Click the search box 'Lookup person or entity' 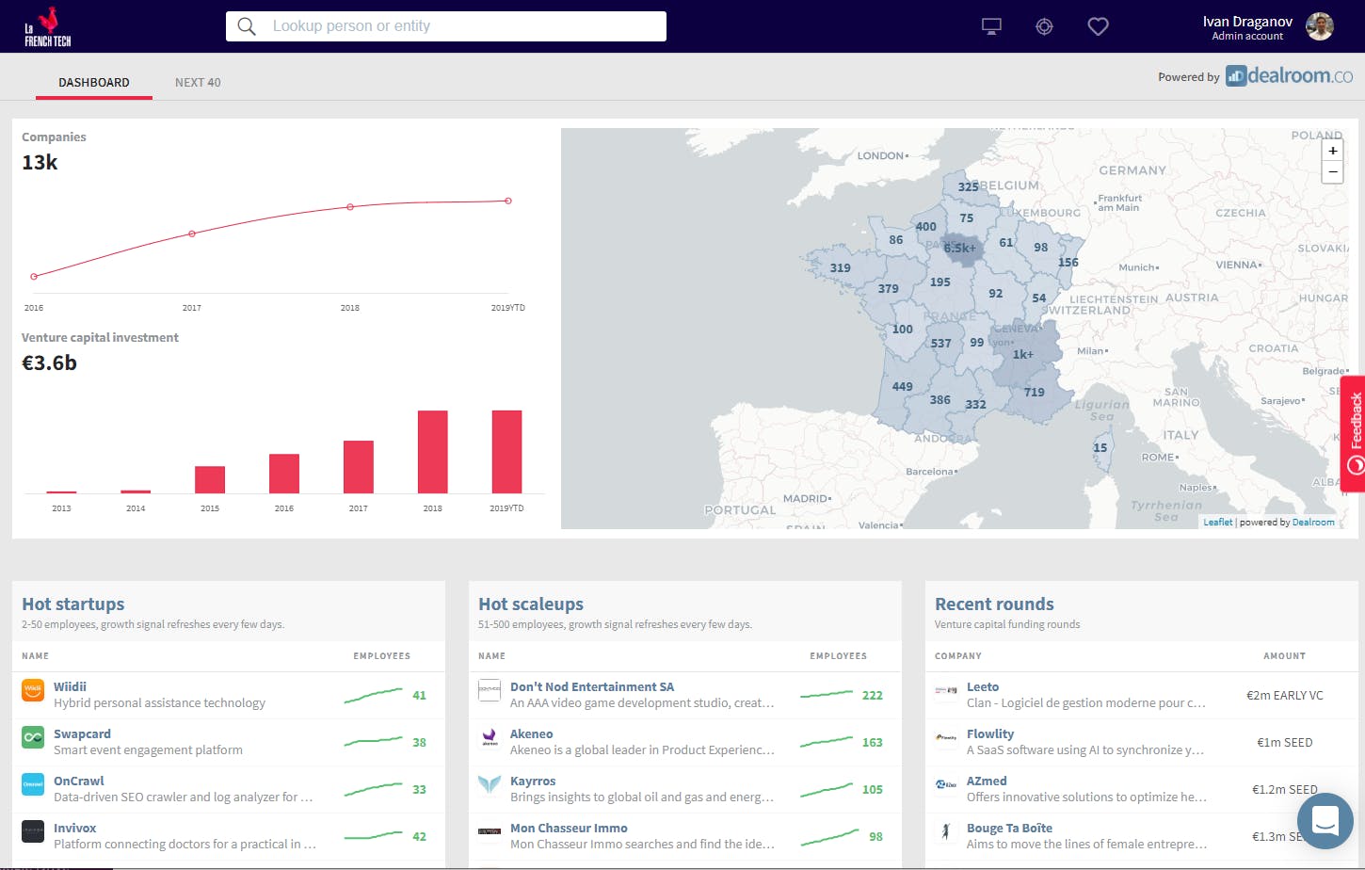coord(445,26)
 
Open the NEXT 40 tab coord(198,83)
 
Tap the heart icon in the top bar coord(1098,26)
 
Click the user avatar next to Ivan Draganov coord(1320,26)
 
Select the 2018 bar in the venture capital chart coord(432,451)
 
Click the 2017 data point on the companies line coord(192,234)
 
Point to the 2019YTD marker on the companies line coord(508,201)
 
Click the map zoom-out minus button coord(1332,172)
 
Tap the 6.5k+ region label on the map coord(960,249)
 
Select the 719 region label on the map coord(1034,393)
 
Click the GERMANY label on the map coord(1132,170)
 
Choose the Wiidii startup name coord(70,687)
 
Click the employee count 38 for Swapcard coord(419,743)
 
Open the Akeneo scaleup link coord(531,734)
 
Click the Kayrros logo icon coord(490,784)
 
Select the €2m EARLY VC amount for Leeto coord(1284,696)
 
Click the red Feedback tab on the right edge coord(1354,433)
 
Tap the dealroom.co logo coord(1290,76)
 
